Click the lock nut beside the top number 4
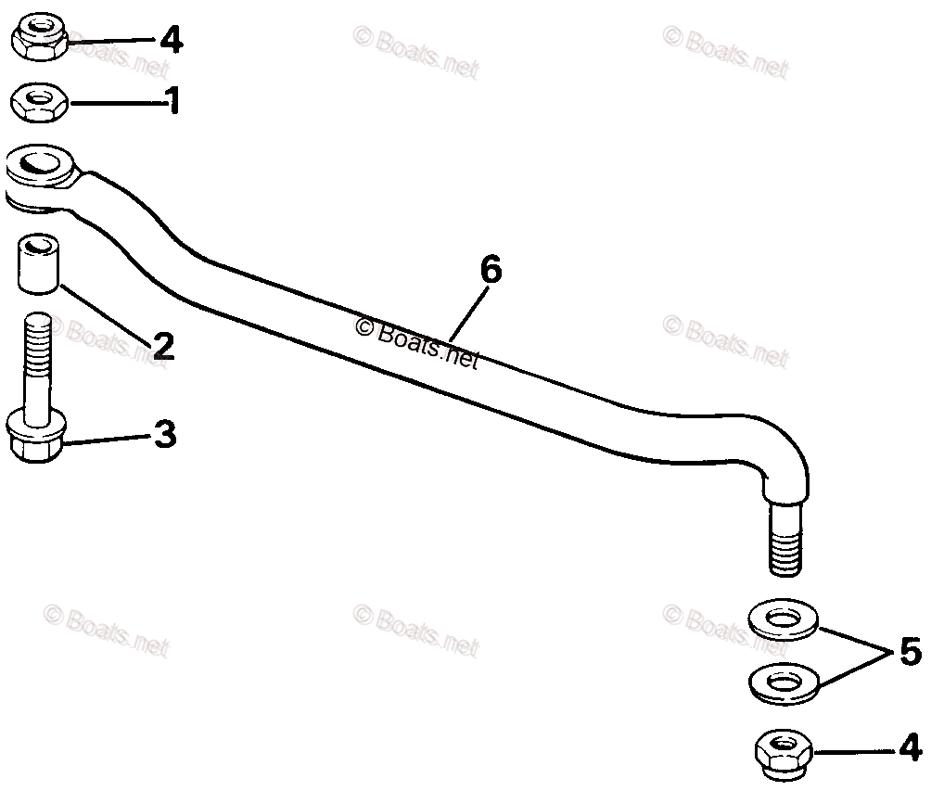(39, 38)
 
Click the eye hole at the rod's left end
(43, 163)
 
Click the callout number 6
(491, 270)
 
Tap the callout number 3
(164, 435)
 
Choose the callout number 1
(172, 100)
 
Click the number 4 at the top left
(172, 40)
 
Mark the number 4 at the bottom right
(910, 746)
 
